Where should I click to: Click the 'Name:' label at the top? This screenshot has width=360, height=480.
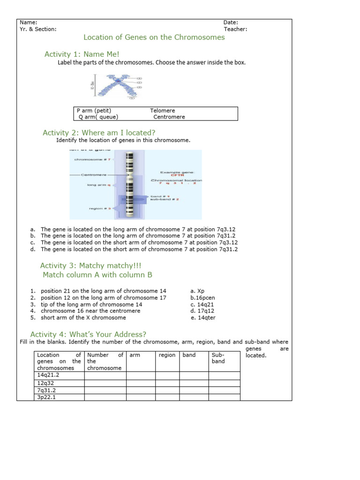(x=28, y=22)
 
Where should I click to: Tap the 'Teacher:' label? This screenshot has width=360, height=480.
(x=235, y=29)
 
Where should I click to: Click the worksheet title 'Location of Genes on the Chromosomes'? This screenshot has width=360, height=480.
(x=154, y=37)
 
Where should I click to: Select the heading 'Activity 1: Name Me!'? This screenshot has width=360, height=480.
(x=82, y=54)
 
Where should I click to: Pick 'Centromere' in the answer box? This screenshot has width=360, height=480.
(x=169, y=117)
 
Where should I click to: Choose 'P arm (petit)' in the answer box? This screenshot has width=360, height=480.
(x=94, y=111)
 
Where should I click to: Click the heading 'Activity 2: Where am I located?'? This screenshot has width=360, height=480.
(x=99, y=133)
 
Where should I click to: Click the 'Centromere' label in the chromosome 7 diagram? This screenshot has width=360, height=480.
(x=94, y=175)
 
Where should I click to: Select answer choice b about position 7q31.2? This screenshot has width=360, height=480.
(x=138, y=236)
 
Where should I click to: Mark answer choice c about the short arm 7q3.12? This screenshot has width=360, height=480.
(x=139, y=243)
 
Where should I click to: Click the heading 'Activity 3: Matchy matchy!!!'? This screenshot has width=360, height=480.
(x=90, y=266)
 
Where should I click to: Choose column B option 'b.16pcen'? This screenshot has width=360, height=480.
(x=202, y=298)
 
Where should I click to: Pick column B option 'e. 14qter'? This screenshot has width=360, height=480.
(x=203, y=317)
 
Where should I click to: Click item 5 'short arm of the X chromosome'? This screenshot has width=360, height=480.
(x=83, y=317)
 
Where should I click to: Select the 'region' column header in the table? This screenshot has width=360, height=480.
(x=167, y=355)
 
